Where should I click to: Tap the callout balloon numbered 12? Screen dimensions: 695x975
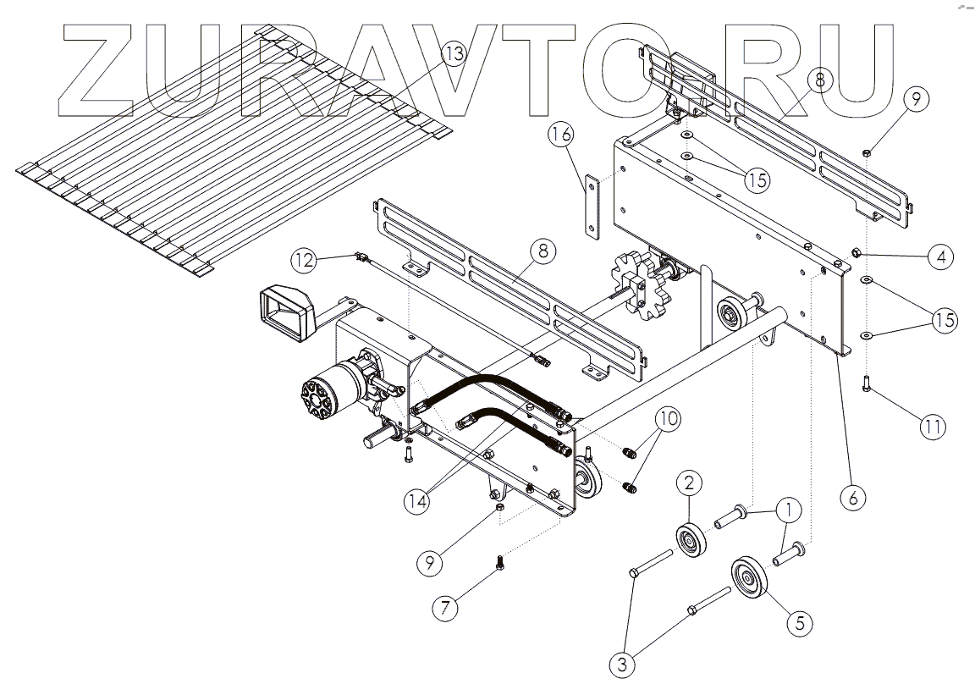pyautogui.click(x=306, y=258)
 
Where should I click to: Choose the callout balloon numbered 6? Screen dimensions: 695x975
pyautogui.click(x=852, y=496)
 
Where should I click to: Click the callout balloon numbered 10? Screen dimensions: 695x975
pyautogui.click(x=668, y=419)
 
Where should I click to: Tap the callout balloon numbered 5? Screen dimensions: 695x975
pyautogui.click(x=799, y=622)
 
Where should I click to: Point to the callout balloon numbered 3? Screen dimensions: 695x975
pyautogui.click(x=623, y=665)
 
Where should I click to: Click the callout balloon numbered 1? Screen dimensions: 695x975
pyautogui.click(x=787, y=510)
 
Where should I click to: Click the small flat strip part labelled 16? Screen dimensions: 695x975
pyautogui.click(x=590, y=206)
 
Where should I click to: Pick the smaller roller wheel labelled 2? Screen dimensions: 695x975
pyautogui.click(x=691, y=539)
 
